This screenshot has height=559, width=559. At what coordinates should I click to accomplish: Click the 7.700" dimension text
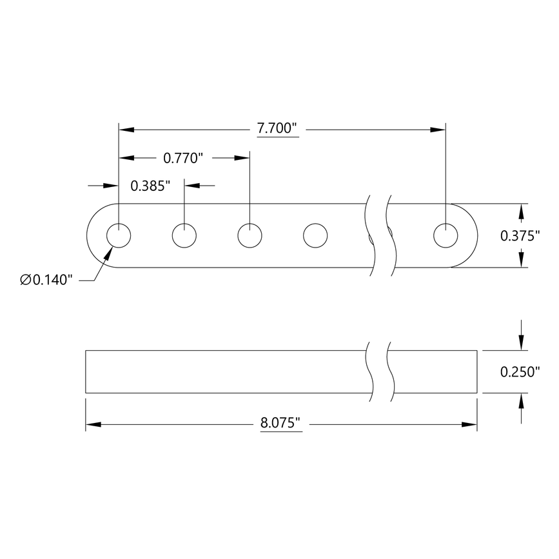pos(277,128)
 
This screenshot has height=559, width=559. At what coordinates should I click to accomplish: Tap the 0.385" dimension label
pos(150,186)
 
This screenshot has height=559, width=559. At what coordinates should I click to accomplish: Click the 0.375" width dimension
pos(520,236)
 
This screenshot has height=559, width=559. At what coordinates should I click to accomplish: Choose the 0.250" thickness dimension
pos(520,372)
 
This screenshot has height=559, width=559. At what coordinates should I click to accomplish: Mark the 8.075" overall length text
pos(281,424)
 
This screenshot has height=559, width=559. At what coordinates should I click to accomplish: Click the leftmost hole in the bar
pos(119,236)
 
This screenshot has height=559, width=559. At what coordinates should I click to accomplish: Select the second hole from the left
pos(184,236)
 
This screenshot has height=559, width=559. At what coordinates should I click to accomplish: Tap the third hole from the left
pos(250,236)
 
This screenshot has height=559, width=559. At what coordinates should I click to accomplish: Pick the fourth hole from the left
pos(315,236)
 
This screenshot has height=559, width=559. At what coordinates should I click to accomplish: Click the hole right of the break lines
pos(446,236)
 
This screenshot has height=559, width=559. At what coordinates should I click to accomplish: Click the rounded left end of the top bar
pos(92,236)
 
